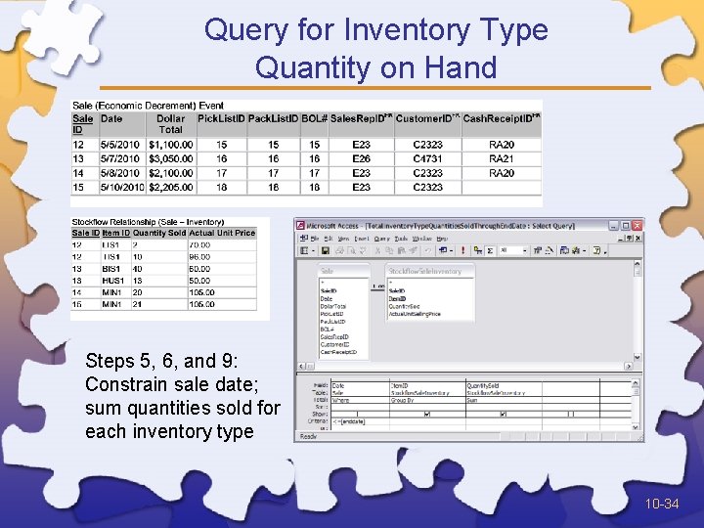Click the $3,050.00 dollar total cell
pyautogui.click(x=170, y=158)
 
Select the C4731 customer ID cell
pyautogui.click(x=427, y=158)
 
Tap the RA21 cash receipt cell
pyautogui.click(x=502, y=158)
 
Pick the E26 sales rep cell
pyautogui.click(x=361, y=158)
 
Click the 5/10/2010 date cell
pyautogui.click(x=121, y=187)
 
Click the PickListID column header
pyautogui.click(x=221, y=118)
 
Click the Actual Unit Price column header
pyautogui.click(x=223, y=233)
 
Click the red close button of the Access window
pyautogui.click(x=638, y=225)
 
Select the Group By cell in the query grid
pyautogui.click(x=405, y=399)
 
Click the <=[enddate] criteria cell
pyautogui.click(x=347, y=420)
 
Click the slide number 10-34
pyautogui.click(x=661, y=505)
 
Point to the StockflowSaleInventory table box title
pyautogui.click(x=423, y=271)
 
